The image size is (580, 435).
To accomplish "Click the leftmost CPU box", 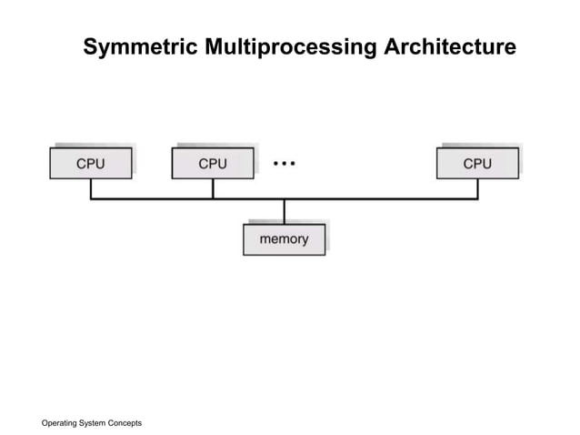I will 90,163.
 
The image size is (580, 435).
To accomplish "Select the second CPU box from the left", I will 212,163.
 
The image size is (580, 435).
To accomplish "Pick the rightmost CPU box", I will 477,163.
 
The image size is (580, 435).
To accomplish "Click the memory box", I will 284,239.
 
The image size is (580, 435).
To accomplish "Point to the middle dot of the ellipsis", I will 284,163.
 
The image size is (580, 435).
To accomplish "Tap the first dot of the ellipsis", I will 275,163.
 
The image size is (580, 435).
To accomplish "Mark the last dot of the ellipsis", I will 293,163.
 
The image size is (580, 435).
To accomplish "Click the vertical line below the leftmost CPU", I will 91,188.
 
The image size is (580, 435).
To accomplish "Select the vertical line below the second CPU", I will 213,188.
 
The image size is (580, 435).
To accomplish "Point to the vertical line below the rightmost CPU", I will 477,188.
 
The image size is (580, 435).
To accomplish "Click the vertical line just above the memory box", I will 284,211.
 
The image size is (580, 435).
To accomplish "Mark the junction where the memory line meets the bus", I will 284,198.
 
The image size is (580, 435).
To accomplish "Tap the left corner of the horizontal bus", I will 91,198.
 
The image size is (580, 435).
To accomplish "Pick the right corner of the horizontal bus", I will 477,198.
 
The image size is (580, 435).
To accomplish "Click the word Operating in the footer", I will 62,423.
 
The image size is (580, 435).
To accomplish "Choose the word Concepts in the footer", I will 126,423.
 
